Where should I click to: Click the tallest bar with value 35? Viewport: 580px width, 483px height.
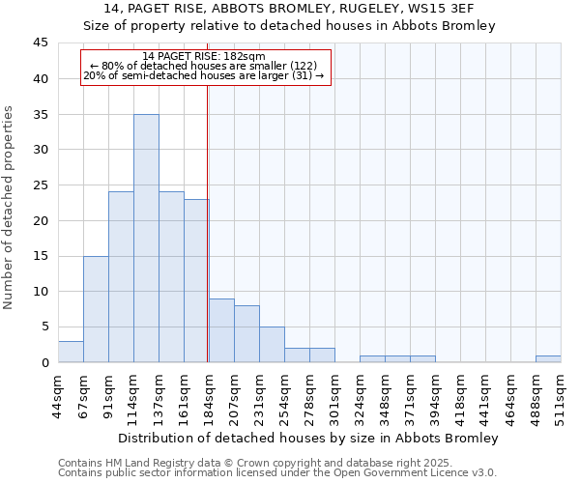(146, 238)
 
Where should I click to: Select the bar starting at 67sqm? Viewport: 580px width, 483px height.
(96, 309)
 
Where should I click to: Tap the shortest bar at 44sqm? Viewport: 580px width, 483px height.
(71, 352)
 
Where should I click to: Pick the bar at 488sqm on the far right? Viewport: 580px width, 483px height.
(548, 358)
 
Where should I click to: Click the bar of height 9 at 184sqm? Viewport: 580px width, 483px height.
(221, 330)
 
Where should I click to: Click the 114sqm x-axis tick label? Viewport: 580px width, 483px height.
(133, 393)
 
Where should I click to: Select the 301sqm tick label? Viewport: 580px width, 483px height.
(334, 393)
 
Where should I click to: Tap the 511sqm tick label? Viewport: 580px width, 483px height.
(561, 393)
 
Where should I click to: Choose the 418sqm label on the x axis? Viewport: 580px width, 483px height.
(460, 393)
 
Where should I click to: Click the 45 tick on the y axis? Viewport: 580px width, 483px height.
(41, 43)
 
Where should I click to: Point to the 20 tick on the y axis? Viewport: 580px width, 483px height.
(41, 220)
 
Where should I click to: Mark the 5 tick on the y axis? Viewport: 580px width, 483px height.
(44, 327)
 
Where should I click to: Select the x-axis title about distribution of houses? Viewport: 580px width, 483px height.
(308, 438)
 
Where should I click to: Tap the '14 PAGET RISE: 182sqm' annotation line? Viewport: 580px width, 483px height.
(203, 57)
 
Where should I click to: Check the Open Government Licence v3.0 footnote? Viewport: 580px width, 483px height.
(416, 472)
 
